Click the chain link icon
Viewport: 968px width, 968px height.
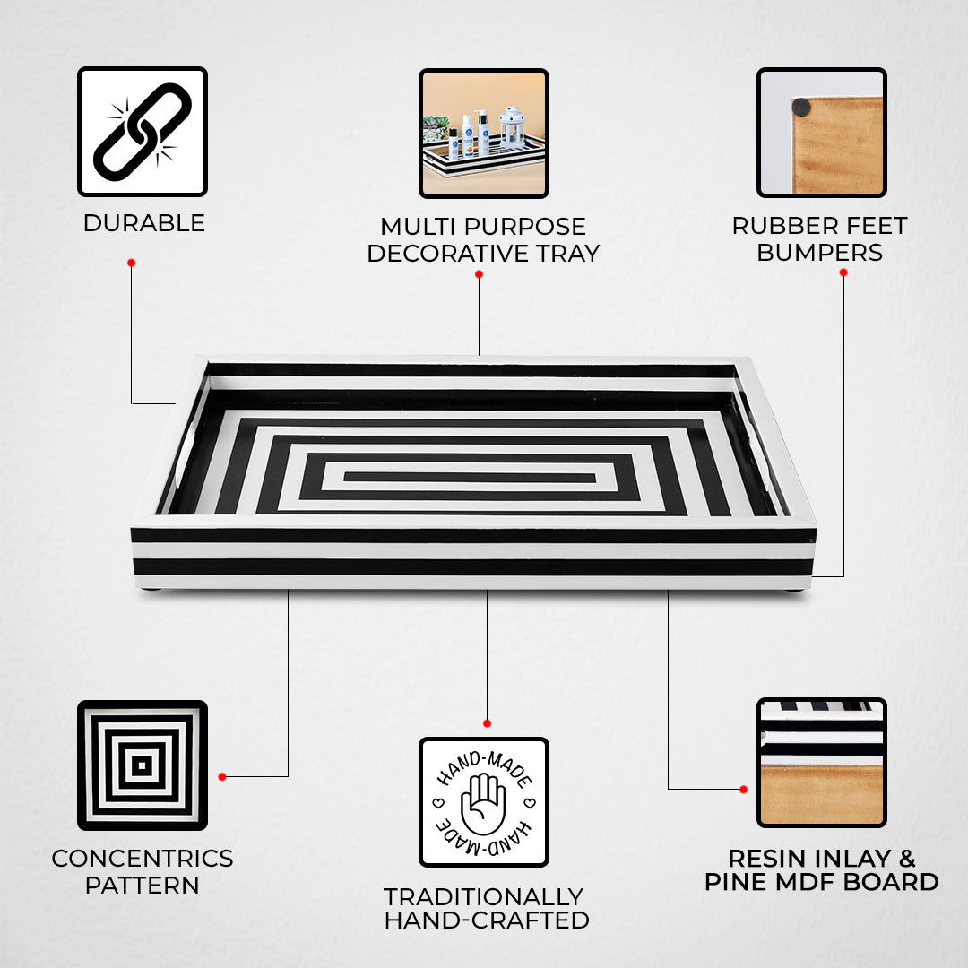click(x=143, y=131)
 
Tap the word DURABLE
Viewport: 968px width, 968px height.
click(x=143, y=223)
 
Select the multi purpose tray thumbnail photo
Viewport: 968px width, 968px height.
click(x=483, y=133)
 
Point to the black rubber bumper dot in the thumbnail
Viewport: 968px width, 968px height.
click(x=801, y=108)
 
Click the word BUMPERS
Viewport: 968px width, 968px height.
click(x=819, y=253)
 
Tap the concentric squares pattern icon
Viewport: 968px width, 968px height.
click(x=142, y=765)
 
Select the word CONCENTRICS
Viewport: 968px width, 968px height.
click(x=142, y=859)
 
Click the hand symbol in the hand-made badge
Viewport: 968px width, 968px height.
click(x=483, y=802)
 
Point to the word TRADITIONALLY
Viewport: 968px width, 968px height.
click(x=483, y=896)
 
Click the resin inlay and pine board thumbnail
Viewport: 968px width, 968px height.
click(x=821, y=762)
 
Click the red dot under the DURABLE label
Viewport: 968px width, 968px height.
click(x=131, y=263)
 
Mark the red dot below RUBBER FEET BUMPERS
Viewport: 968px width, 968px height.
click(x=843, y=272)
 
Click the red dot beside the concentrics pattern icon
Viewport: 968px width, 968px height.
click(x=221, y=776)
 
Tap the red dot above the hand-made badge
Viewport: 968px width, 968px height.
click(x=487, y=722)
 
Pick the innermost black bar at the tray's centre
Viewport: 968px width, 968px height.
click(x=470, y=477)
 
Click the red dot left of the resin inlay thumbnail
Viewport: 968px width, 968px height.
click(x=743, y=789)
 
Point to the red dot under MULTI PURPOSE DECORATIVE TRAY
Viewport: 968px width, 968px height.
click(x=479, y=273)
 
